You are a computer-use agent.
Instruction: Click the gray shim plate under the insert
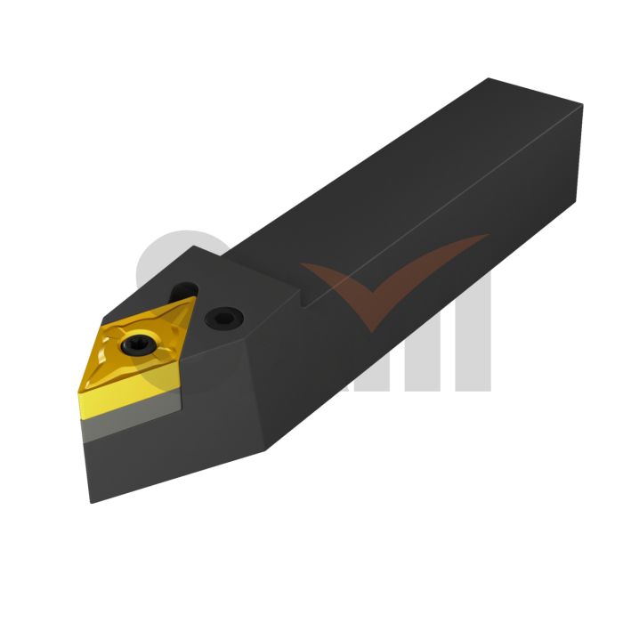[133, 417]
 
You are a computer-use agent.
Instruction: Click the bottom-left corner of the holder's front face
[92, 502]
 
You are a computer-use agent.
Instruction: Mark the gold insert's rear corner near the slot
[193, 300]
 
